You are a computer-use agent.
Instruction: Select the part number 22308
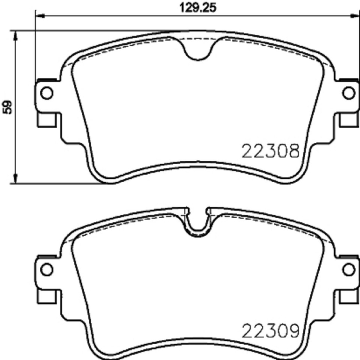pyautogui.click(x=271, y=151)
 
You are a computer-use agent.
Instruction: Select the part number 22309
pyautogui.click(x=271, y=331)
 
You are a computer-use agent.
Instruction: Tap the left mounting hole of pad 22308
pyautogui.click(x=46, y=93)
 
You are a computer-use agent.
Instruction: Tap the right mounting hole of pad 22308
pyautogui.click(x=349, y=93)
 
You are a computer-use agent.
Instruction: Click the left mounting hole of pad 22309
pyautogui.click(x=46, y=269)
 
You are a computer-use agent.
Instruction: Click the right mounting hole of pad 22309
pyautogui.click(x=349, y=269)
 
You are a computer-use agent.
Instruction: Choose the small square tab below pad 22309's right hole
pyautogui.click(x=348, y=296)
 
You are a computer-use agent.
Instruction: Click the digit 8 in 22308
pyautogui.click(x=293, y=151)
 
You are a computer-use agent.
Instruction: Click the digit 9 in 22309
pyautogui.click(x=293, y=331)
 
